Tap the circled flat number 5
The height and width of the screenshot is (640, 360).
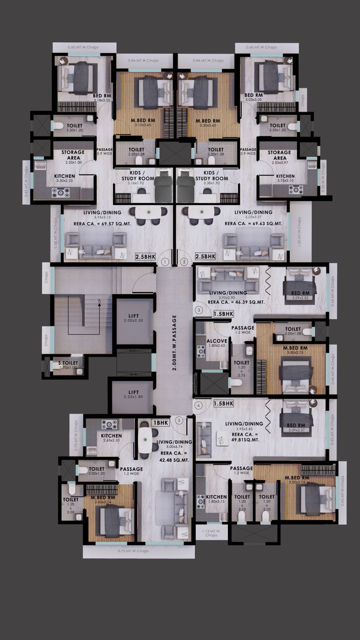pos(179,420)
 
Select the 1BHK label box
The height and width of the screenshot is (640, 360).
pos(161,422)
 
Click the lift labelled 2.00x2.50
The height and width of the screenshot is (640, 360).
pos(134,318)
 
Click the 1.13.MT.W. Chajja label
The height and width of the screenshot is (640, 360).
pos(211,532)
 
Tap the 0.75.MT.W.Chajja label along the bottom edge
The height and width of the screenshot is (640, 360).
pos(133,551)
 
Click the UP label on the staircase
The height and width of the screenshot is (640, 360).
pos(99,300)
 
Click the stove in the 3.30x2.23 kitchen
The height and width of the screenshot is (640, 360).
pos(60,192)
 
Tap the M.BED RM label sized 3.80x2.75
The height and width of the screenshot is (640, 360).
pos(295,348)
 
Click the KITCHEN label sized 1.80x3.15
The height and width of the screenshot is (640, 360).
pos(216,497)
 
